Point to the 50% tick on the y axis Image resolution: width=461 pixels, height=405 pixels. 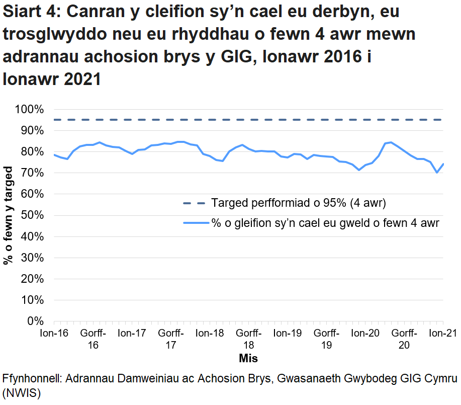pos(31,215)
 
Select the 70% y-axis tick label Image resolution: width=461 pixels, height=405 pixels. pos(31,173)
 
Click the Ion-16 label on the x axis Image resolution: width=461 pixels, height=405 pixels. pos(54,333)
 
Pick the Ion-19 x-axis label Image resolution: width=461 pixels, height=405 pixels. pos(287,333)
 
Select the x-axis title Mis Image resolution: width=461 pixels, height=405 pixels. pos(248,358)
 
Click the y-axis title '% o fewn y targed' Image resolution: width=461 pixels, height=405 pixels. pos(9,215)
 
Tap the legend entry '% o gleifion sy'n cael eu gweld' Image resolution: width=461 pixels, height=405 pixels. pos(325,223)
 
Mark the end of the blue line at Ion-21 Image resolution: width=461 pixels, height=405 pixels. pos(443,164)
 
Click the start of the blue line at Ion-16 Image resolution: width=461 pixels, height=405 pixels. pos(54,154)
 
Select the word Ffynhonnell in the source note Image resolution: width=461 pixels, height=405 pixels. pos(32,378)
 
